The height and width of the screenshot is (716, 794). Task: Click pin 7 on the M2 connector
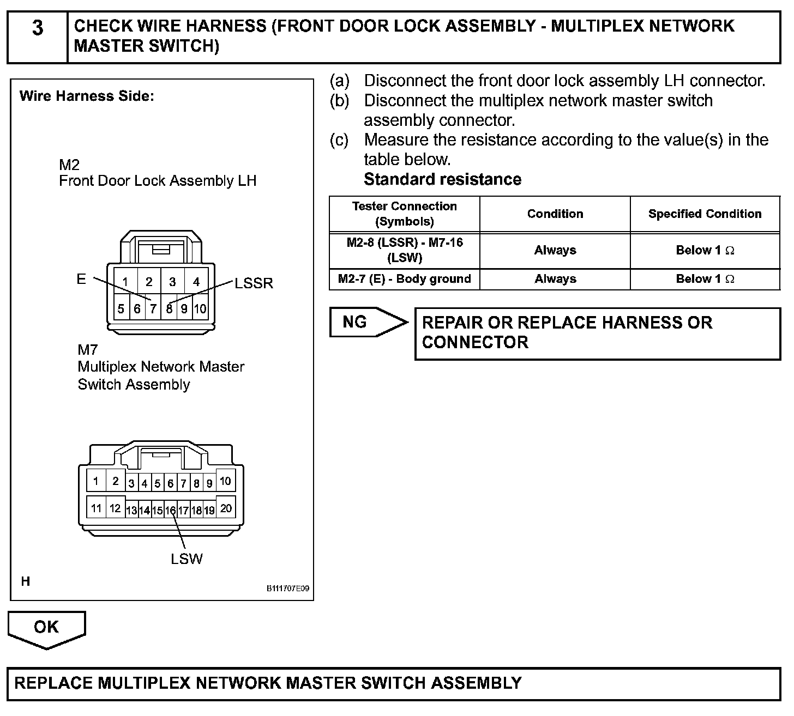click(153, 309)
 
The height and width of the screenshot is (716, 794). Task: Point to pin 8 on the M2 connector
click(169, 309)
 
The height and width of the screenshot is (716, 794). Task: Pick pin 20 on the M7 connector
click(226, 508)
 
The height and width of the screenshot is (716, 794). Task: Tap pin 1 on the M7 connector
click(96, 481)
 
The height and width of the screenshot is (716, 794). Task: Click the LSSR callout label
click(254, 283)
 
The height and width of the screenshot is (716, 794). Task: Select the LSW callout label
click(187, 559)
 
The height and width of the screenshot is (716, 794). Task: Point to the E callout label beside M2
click(81, 280)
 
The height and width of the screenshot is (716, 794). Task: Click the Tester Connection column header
click(404, 214)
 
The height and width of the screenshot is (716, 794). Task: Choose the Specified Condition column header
click(705, 214)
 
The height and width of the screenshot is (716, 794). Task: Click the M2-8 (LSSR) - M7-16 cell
click(404, 250)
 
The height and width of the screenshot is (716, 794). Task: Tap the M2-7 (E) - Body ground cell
click(404, 279)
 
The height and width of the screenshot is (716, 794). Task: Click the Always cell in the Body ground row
click(555, 279)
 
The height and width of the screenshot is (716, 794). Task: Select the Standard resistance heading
click(442, 179)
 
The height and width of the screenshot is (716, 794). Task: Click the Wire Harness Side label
click(87, 96)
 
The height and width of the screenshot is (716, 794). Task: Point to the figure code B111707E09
click(288, 588)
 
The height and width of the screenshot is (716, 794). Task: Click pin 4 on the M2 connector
click(196, 282)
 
